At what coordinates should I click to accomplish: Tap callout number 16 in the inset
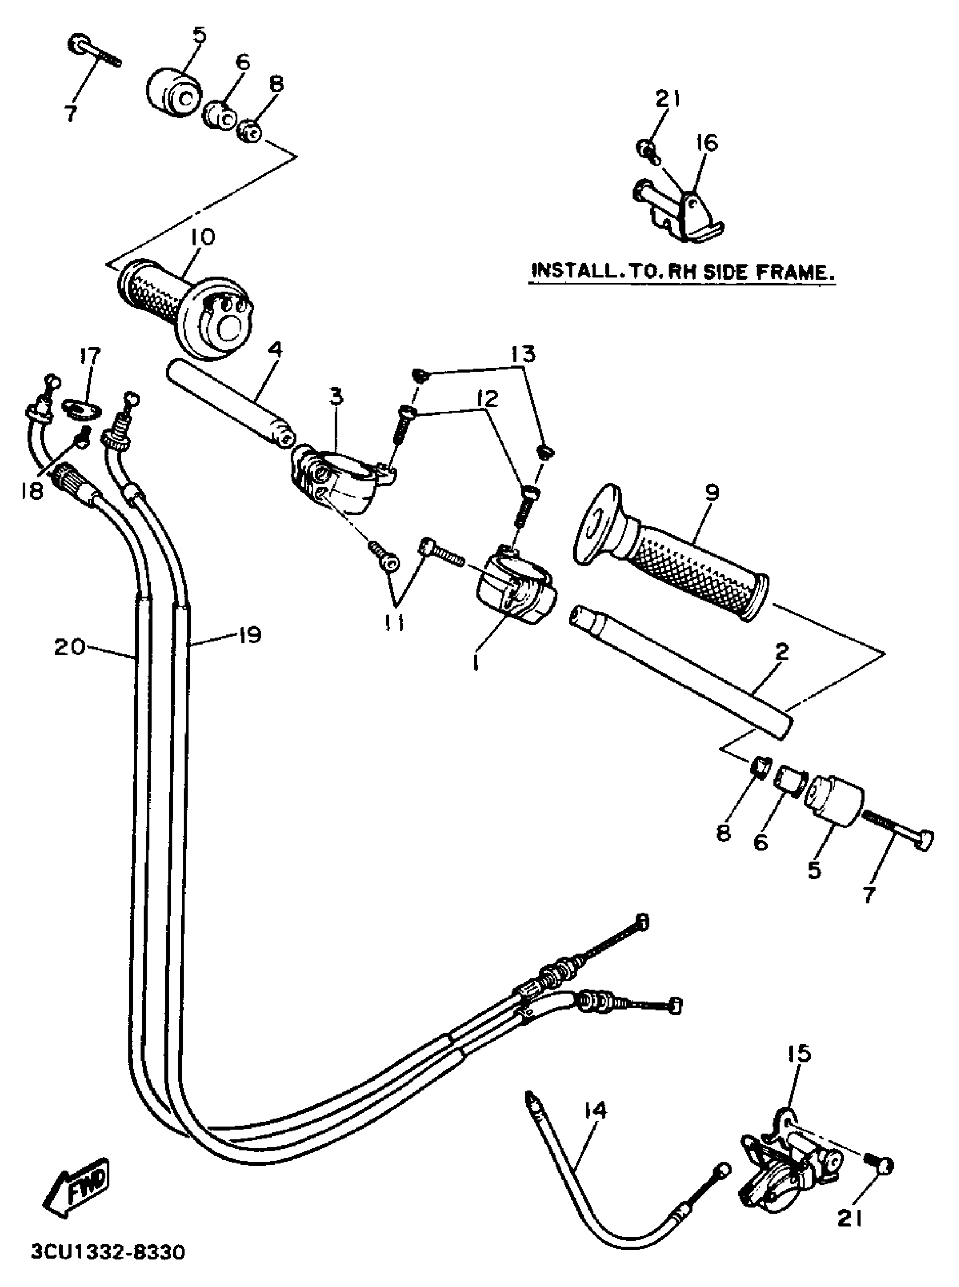point(707,143)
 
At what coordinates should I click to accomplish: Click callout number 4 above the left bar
point(275,349)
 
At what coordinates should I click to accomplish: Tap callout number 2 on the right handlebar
point(782,651)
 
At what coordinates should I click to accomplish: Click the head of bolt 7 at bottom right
point(923,840)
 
